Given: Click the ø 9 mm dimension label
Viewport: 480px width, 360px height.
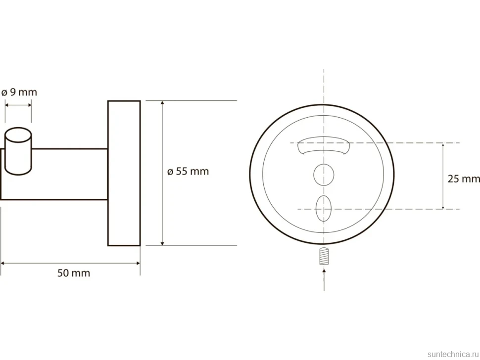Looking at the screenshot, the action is tap(19, 92).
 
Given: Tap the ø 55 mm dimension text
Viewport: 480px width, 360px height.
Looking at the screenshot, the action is tap(188, 171).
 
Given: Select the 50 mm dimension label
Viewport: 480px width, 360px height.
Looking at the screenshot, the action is tap(74, 273).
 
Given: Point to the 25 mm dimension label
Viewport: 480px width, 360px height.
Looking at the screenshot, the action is tap(464, 179).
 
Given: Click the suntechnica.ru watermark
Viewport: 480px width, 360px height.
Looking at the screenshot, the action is tap(453, 354).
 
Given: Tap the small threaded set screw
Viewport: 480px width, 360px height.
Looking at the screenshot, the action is tap(324, 256).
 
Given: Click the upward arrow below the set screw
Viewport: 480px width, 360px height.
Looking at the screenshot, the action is tap(324, 279).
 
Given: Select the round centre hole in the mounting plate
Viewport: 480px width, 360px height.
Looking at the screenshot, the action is tap(324, 175).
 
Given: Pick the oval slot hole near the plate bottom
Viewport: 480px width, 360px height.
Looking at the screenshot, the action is tap(324, 209).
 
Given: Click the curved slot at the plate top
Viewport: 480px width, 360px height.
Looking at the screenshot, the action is tap(324, 146).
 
